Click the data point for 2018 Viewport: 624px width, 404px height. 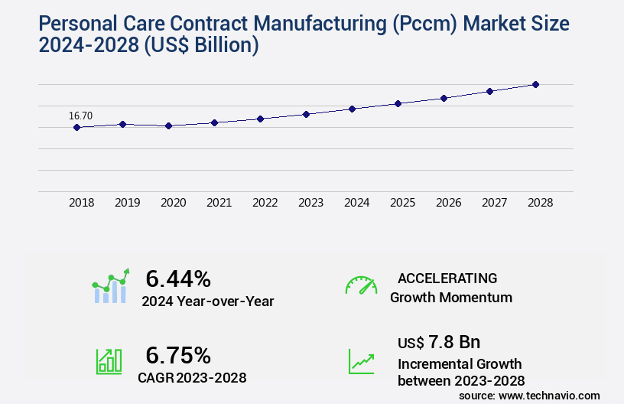pos(76,127)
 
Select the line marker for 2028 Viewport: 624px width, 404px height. pos(535,84)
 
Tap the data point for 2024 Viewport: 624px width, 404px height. pos(352,109)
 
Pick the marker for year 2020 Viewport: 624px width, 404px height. pos(168,125)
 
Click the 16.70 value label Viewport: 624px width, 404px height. pos(80,116)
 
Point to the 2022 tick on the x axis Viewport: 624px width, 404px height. pos(265,203)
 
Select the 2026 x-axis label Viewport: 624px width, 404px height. pos(448,203)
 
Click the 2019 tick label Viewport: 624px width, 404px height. pos(127,203)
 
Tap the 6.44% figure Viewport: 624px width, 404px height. pos(178,278)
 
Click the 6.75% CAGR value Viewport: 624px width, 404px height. pos(178,355)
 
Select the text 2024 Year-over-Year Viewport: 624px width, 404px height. pos(207,301)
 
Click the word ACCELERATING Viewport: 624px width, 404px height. pos(447,278)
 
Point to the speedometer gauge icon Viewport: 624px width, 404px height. pos(361,285)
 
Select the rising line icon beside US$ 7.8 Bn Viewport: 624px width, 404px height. pos(361,361)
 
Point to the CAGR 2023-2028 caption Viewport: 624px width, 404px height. pos(192,377)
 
